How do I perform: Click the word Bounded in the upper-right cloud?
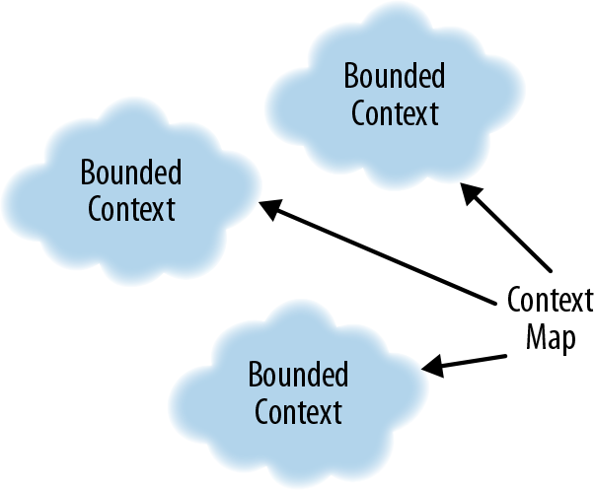click(394, 76)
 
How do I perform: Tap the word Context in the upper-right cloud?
click(394, 112)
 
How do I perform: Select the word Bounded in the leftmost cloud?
click(131, 174)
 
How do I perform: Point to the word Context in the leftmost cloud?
click(131, 209)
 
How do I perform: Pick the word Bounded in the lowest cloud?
click(298, 375)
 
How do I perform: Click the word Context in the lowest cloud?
click(298, 411)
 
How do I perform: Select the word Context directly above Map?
click(550, 300)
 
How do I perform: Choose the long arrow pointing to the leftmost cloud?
click(380, 250)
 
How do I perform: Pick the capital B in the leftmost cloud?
click(87, 174)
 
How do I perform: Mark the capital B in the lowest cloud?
click(254, 375)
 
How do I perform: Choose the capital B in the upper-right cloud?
click(349, 76)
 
